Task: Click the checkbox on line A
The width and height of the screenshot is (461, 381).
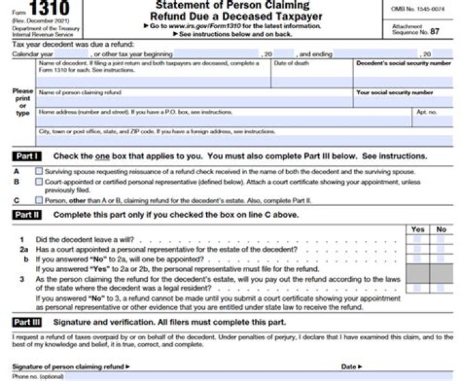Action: click(40, 172)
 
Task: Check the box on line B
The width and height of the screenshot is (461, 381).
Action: click(40, 182)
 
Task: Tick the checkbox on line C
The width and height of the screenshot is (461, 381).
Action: click(40, 200)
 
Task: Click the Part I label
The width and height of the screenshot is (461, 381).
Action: click(27, 156)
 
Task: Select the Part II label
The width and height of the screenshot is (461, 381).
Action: click(27, 215)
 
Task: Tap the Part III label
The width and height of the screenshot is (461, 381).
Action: click(27, 322)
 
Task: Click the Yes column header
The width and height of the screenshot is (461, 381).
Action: click(417, 229)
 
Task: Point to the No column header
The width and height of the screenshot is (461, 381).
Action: click(441, 229)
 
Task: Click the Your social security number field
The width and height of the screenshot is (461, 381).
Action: click(403, 102)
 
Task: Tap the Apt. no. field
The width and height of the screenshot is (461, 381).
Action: click(432, 121)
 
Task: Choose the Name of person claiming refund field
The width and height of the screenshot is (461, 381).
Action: click(195, 102)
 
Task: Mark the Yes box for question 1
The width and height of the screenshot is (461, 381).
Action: click(417, 239)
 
